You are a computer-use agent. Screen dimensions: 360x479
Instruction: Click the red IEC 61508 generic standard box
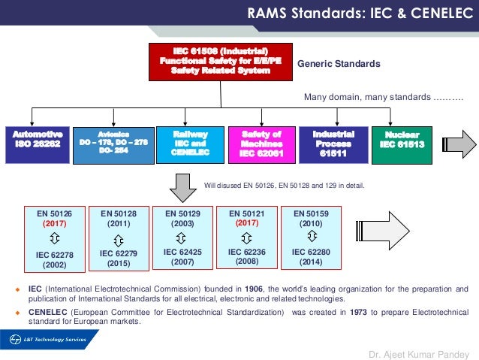220,60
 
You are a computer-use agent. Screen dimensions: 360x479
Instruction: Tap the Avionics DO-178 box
114,143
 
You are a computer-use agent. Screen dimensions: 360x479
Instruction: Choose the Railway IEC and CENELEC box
185,143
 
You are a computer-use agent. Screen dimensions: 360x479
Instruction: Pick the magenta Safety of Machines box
259,143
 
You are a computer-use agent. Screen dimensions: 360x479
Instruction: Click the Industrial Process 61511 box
333,143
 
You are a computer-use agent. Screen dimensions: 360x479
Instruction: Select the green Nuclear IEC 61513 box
402,144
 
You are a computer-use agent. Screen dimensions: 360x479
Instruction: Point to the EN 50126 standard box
53,237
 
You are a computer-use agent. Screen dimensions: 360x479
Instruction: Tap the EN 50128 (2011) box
117,237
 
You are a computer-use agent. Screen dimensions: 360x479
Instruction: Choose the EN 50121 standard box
245,237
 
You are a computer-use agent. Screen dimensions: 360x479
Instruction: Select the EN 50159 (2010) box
309,237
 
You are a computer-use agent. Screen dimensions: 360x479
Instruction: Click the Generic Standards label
339,65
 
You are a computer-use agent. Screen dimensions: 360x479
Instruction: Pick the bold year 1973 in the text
359,311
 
